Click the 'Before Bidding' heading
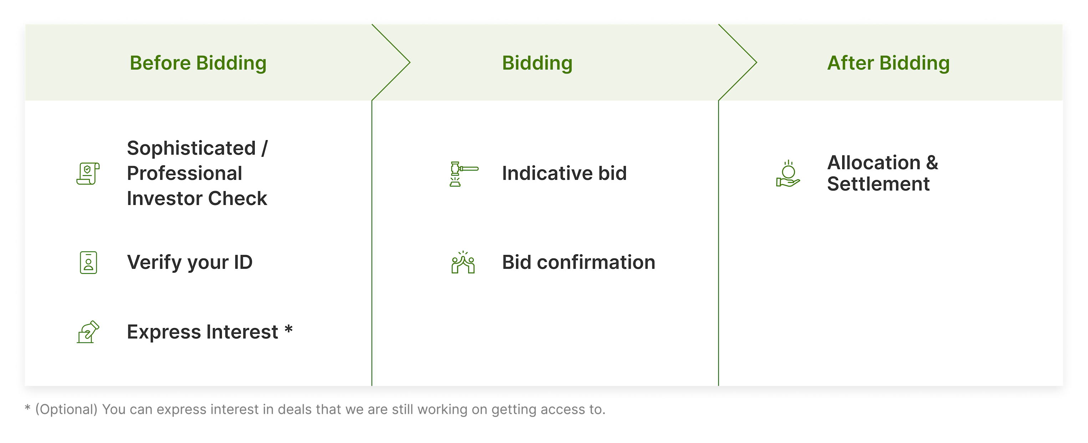198,63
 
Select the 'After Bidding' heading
888,63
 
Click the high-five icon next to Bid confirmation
463,262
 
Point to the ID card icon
88,262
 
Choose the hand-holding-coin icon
788,174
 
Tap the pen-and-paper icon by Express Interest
88,332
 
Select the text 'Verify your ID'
190,262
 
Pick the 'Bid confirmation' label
578,262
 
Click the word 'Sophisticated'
191,148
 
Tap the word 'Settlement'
878,184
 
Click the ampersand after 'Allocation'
932,163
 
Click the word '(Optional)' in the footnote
66,409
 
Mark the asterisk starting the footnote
27,408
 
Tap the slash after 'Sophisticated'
264,148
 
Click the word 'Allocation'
874,163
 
